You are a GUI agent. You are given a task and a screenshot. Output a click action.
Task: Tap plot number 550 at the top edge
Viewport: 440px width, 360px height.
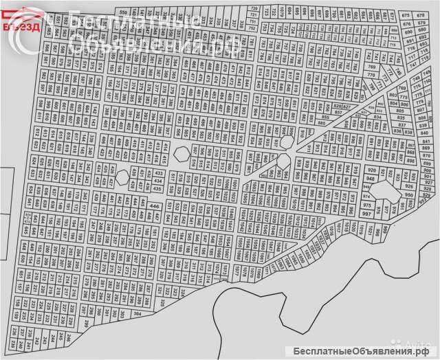tap(122, 12)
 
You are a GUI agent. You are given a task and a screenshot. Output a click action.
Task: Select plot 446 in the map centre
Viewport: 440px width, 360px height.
tap(154, 205)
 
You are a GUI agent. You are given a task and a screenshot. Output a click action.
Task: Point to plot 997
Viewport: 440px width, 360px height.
tap(366, 214)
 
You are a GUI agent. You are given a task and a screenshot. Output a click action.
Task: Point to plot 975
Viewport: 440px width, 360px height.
tap(366, 205)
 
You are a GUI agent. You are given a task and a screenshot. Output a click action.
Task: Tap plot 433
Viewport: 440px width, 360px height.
tap(158, 173)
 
